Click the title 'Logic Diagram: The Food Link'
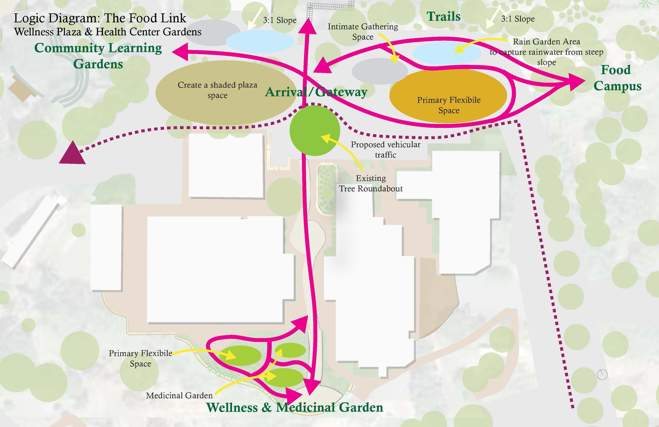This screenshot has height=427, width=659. point(100,18)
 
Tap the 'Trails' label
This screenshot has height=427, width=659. point(443,17)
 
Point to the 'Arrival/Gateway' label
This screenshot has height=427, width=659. point(316,92)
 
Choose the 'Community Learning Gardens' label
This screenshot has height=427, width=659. point(98,56)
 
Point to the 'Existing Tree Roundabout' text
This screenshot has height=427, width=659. point(371,183)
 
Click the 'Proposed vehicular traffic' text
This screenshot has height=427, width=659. point(386,149)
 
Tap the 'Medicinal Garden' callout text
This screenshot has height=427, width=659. point(179,395)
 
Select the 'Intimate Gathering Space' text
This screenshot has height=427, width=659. point(363,32)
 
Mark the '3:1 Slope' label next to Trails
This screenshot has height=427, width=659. point(518,19)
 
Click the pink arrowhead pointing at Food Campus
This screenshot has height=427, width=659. point(577,82)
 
